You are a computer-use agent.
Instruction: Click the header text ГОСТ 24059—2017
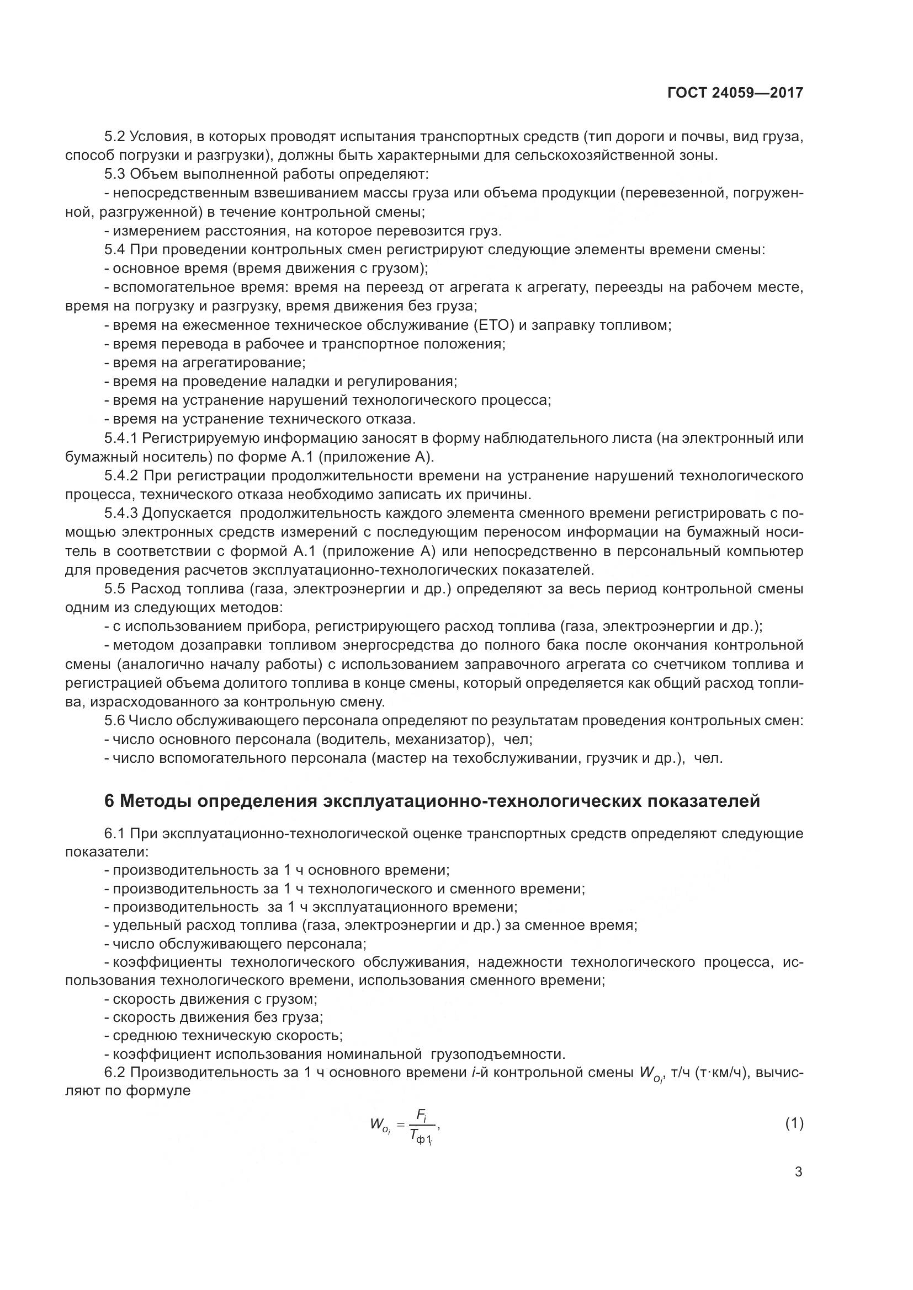point(735,93)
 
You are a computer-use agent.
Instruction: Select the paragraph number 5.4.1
point(121,438)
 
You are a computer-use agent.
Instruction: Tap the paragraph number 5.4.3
point(121,513)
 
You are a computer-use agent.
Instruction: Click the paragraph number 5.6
point(115,721)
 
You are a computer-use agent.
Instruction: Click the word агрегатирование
point(245,363)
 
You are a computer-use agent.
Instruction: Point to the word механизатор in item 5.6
point(442,740)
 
